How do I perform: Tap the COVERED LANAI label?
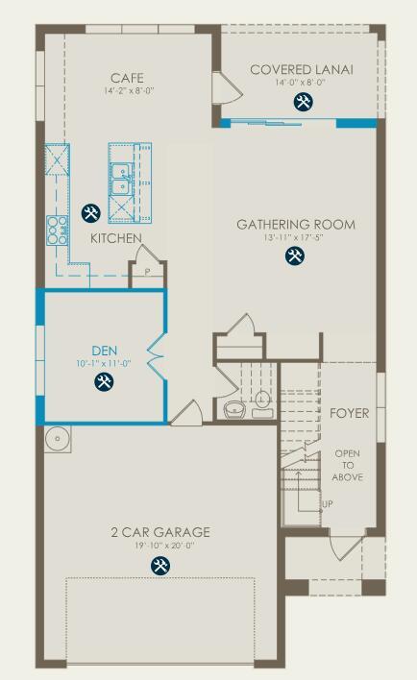(302, 69)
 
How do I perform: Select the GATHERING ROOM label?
(296, 225)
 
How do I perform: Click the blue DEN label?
(105, 351)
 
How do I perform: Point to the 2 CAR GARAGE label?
(160, 532)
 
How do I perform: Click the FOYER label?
(349, 413)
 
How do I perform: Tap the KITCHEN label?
(116, 237)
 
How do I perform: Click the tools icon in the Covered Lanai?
(305, 102)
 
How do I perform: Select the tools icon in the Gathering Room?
(294, 255)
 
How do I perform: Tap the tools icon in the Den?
(104, 382)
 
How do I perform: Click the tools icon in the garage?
(159, 566)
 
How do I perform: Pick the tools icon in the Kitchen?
(91, 213)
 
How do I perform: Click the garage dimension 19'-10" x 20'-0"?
(160, 546)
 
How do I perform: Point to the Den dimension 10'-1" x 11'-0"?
(104, 364)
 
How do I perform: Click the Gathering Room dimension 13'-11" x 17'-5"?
(295, 237)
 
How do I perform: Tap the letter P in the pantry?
(147, 271)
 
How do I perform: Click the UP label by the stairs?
(328, 504)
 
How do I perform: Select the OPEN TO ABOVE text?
(348, 465)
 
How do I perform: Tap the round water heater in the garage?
(58, 439)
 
